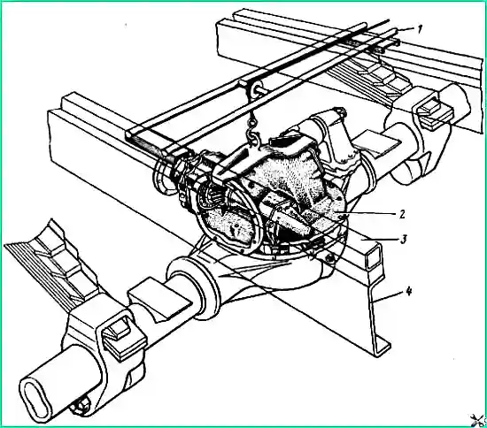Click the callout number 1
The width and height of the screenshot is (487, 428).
420,29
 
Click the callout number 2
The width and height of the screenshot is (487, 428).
402,214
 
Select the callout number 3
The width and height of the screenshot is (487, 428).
403,240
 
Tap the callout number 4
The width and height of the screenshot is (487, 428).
409,292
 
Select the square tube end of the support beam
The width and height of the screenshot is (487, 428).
374,256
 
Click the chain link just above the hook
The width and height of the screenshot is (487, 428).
252,120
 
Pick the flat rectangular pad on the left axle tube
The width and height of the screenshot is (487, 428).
159,298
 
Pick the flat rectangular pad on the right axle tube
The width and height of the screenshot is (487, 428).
376,142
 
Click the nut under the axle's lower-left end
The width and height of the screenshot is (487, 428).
80,407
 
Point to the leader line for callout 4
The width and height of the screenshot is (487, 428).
387,297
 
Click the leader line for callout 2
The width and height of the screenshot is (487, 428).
369,214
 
